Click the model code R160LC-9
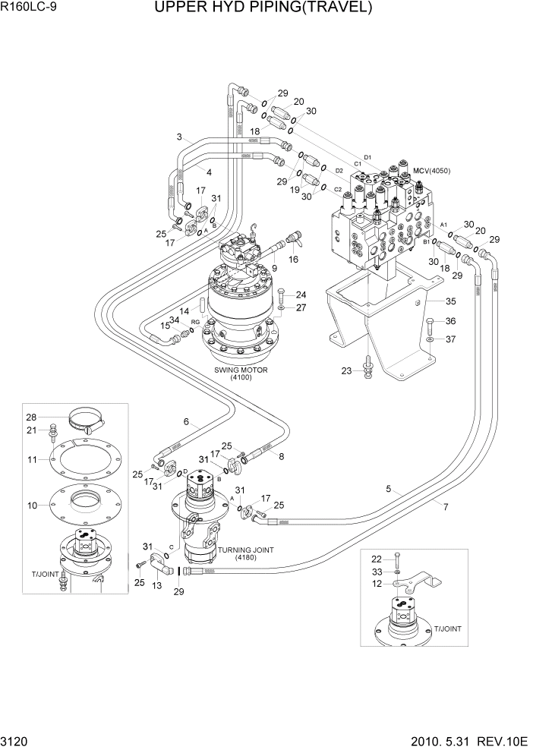30,8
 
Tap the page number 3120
16,742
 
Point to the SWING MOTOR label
241,371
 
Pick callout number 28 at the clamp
31,417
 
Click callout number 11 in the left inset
32,460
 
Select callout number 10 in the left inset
32,505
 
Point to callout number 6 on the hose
184,422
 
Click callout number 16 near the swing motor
293,260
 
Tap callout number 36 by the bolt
450,320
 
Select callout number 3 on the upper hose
178,137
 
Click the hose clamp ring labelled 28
87,417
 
